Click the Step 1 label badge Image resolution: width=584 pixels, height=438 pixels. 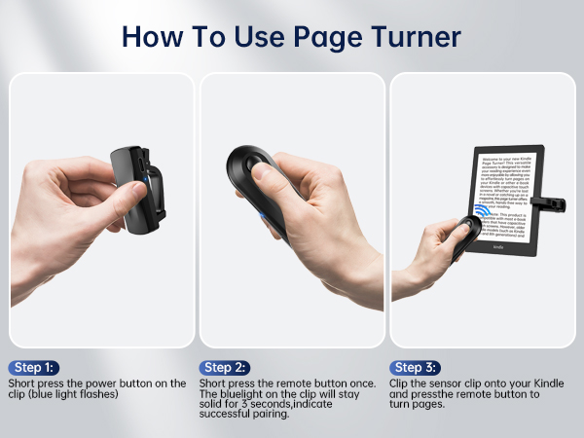(34, 367)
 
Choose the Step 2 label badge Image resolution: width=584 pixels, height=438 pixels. (226, 367)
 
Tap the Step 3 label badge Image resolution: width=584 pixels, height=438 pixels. (417, 367)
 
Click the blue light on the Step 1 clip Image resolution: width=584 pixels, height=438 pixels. (145, 179)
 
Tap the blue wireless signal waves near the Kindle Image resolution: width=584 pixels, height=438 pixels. (484, 212)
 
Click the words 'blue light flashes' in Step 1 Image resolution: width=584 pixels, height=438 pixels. (85, 395)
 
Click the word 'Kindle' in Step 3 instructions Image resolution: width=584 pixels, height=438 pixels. (545, 383)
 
